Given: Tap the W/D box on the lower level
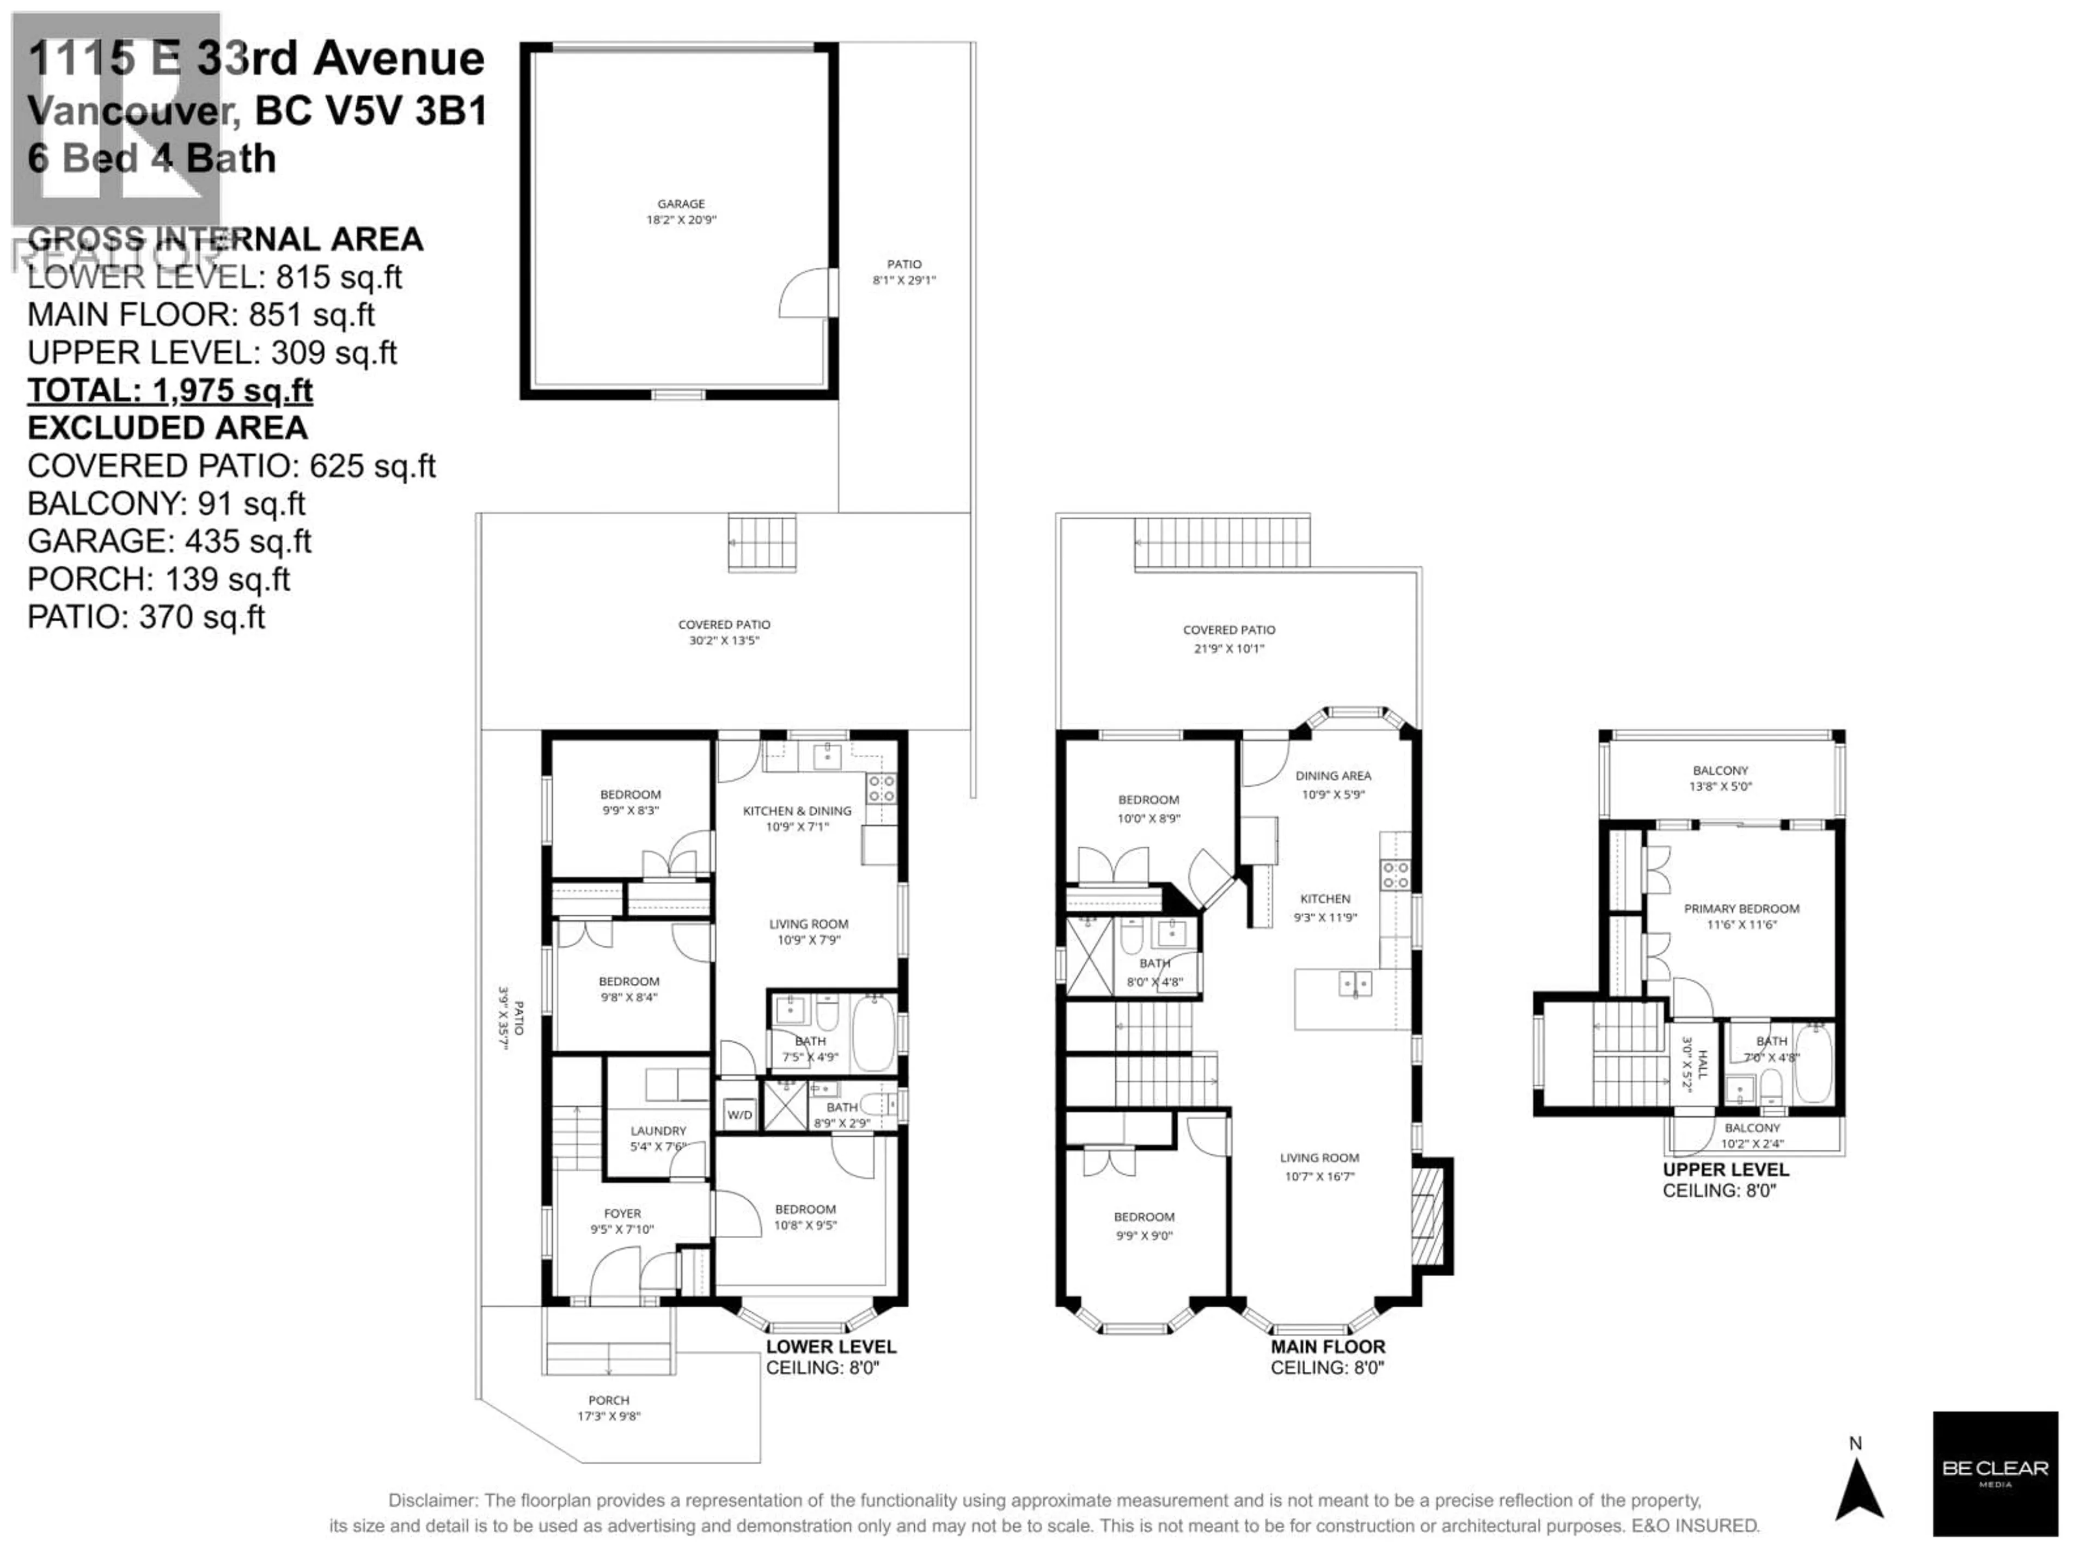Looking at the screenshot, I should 739,1115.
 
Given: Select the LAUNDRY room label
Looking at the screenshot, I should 658,1130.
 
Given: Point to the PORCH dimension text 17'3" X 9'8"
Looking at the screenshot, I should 609,1416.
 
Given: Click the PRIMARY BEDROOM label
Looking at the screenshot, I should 1741,908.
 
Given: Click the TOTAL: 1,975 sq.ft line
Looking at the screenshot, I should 170,390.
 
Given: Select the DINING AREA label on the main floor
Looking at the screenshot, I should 1333,776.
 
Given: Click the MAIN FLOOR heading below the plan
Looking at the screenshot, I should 1327,1347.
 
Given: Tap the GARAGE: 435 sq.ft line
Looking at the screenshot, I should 169,542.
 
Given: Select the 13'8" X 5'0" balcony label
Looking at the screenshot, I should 1720,786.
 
